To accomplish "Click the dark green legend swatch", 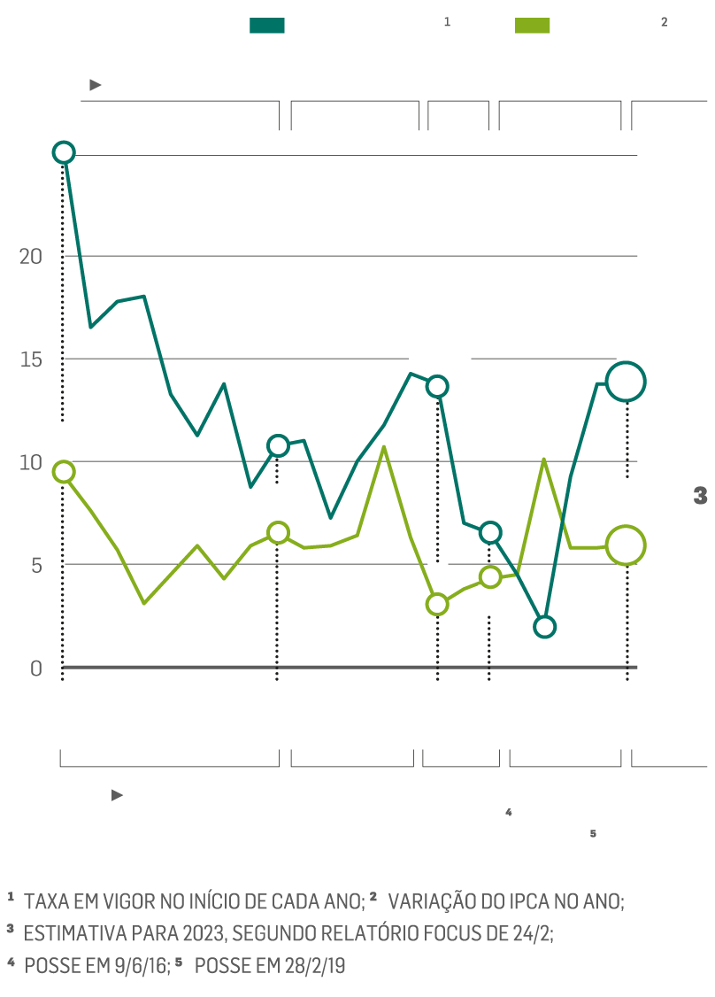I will pyautogui.click(x=267, y=25).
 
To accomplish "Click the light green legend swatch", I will pyautogui.click(x=532, y=25).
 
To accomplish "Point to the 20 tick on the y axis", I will pyautogui.click(x=31, y=256).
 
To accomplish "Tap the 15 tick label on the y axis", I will pyautogui.click(x=31, y=359).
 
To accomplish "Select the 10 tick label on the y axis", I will pyautogui.click(x=31, y=462).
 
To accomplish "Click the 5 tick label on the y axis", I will pyautogui.click(x=35, y=565).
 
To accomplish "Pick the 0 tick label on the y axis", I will pyautogui.click(x=35, y=668).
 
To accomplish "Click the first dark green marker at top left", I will pyautogui.click(x=63, y=152).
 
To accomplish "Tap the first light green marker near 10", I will pyautogui.click(x=63, y=472).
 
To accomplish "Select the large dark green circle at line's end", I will pyautogui.click(x=626, y=382).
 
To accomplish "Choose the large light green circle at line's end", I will pyautogui.click(x=626, y=545).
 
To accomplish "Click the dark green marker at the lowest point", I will pyautogui.click(x=544, y=627).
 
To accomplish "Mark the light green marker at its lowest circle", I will pyautogui.click(x=437, y=605).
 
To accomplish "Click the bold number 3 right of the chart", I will pyautogui.click(x=700, y=497).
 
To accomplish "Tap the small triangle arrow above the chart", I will pyautogui.click(x=96, y=85).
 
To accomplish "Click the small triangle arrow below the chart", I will pyautogui.click(x=117, y=795).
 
